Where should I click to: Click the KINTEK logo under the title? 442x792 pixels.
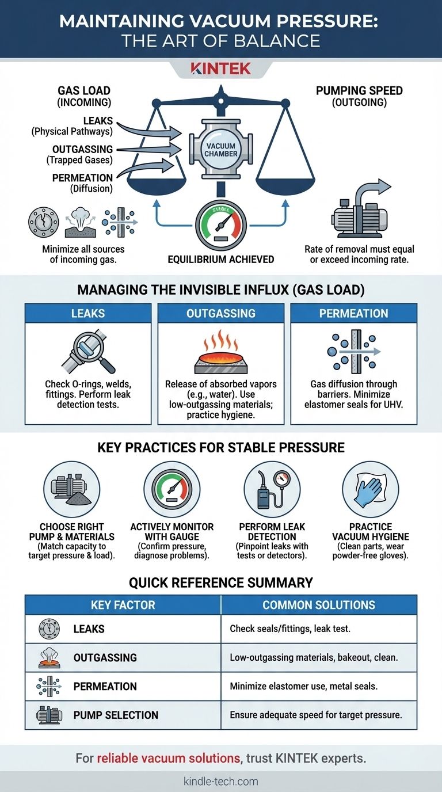pyautogui.click(x=220, y=68)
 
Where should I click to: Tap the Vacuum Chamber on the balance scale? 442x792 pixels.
pyautogui.click(x=221, y=150)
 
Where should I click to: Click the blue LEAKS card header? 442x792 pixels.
pyautogui.click(x=87, y=313)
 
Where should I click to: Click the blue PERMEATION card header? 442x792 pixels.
pyautogui.click(x=353, y=313)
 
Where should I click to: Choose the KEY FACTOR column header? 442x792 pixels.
pyautogui.click(x=123, y=604)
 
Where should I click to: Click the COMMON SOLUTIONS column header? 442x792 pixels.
pyautogui.click(x=319, y=604)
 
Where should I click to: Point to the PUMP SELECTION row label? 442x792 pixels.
pyautogui.click(x=116, y=715)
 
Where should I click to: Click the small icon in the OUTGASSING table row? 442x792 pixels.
pyautogui.click(x=45, y=657)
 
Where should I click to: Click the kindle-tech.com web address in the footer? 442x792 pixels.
pyautogui.click(x=221, y=781)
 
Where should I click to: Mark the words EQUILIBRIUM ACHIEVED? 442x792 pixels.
pyautogui.click(x=221, y=259)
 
